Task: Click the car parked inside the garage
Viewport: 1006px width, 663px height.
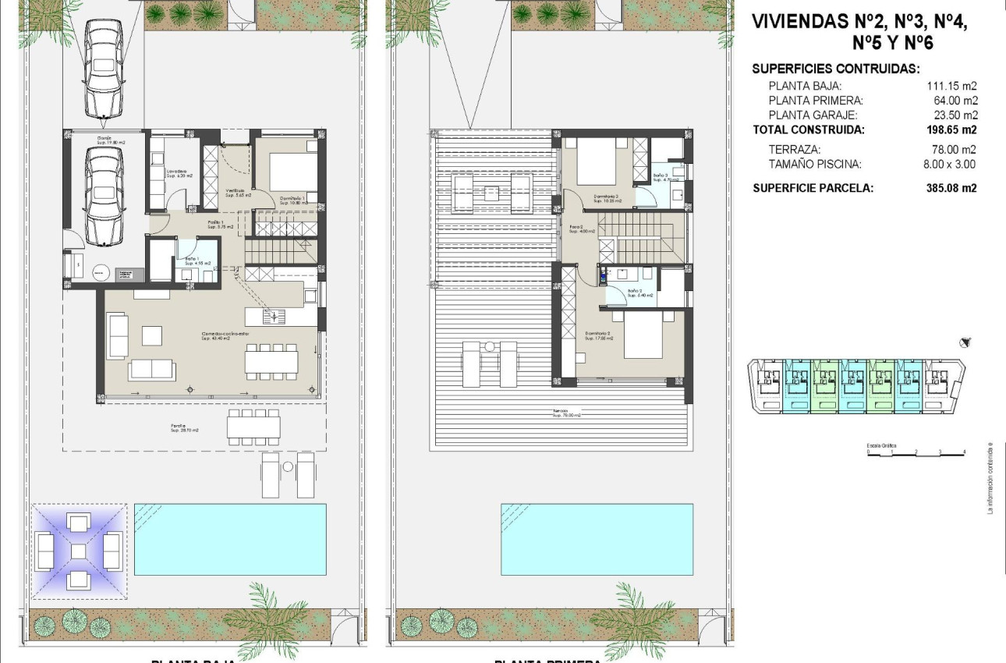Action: click(104, 197)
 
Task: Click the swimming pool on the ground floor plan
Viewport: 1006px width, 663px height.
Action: click(230, 539)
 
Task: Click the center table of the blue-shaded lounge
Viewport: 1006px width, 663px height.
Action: click(79, 551)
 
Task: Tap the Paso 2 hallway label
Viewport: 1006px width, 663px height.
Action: click(577, 229)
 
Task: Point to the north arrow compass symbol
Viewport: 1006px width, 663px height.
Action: click(967, 342)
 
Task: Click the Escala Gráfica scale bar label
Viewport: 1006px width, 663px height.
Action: click(881, 445)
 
